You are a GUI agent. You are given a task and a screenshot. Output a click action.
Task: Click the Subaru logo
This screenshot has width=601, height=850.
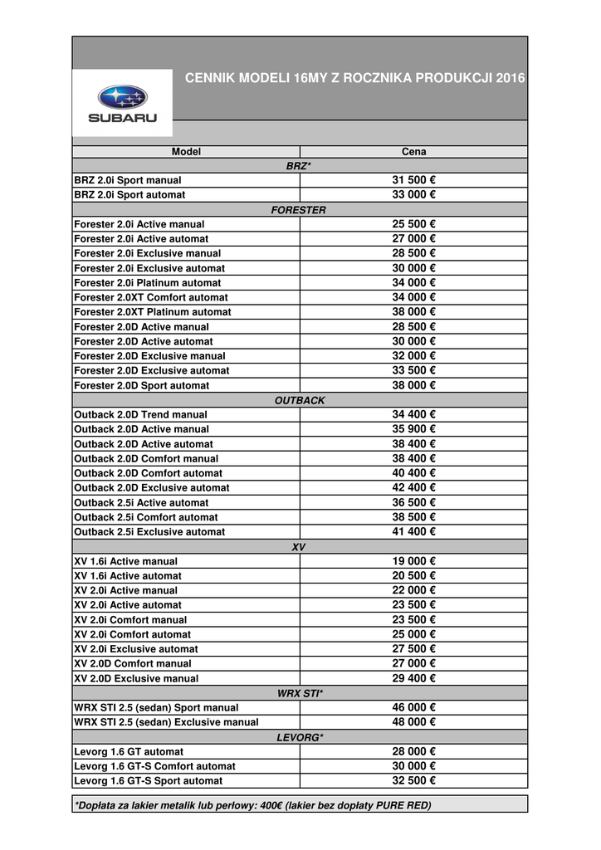[x=122, y=103]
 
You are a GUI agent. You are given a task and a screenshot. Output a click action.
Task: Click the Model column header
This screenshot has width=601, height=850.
[x=186, y=152]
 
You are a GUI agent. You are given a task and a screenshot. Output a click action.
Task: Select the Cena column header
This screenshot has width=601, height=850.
[x=413, y=152]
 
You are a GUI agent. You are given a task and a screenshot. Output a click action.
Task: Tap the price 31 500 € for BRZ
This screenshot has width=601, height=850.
[x=413, y=180]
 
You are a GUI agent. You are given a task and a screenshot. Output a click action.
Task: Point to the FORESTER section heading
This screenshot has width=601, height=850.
[x=299, y=210]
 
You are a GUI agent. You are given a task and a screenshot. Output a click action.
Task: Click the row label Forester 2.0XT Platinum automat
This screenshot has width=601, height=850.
[x=153, y=312]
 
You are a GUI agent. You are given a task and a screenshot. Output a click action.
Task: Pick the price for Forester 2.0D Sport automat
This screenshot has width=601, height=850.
[x=413, y=385]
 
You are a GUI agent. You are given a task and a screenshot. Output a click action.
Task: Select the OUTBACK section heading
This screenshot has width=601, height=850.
[x=299, y=400]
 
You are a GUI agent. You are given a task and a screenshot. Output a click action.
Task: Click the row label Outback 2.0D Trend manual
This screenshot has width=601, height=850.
[x=141, y=414]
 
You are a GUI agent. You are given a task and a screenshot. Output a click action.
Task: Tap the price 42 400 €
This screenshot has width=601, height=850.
[x=413, y=487]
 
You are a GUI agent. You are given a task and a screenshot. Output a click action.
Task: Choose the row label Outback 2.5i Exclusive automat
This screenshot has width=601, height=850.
[x=149, y=531]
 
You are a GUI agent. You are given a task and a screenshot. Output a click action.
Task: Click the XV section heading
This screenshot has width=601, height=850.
[x=299, y=547]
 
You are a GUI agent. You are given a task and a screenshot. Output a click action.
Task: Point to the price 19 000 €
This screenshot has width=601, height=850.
[x=413, y=561]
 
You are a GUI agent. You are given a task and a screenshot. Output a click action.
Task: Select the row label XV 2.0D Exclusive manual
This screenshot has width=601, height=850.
[x=136, y=678]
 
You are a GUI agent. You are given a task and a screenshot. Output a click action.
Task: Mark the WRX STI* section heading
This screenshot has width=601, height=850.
[x=299, y=693]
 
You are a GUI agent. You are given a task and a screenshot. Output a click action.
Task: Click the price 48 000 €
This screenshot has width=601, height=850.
[x=413, y=722]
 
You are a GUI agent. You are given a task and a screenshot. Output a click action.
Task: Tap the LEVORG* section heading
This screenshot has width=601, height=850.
[x=299, y=737]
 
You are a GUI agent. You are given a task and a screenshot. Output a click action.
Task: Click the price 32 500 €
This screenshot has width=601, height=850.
[x=413, y=780]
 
